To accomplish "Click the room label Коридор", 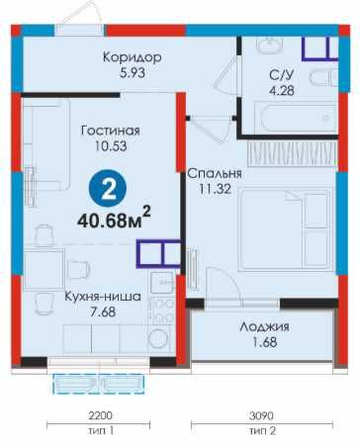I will [132, 57].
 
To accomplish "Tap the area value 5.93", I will [132, 74].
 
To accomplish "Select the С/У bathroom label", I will [280, 75].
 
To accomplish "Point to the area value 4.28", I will [280, 92].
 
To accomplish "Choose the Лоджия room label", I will [264, 326].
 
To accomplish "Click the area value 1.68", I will [264, 343].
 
